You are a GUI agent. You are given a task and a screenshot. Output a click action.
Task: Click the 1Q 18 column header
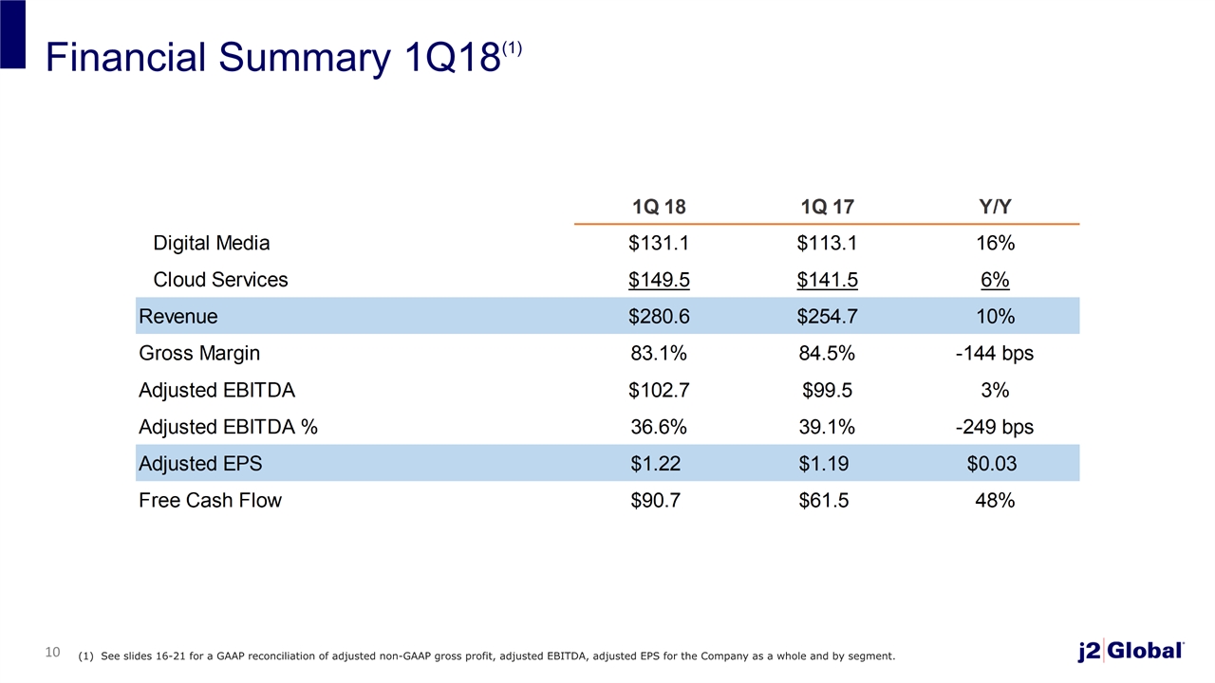659,207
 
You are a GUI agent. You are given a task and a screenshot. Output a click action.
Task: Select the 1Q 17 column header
827,207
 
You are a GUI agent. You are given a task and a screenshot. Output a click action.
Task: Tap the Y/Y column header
996,207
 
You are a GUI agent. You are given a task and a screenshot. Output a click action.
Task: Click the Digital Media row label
212,243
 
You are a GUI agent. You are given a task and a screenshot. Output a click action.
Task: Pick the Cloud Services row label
220,280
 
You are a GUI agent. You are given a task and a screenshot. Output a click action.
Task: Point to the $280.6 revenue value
659,316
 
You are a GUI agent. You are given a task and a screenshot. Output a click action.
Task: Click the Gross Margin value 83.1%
659,353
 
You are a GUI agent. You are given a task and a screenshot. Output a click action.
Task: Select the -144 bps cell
995,353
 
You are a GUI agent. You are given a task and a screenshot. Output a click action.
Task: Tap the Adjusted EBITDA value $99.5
827,390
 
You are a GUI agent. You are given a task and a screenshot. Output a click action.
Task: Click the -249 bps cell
995,427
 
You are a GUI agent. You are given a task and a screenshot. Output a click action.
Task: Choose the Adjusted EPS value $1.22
655,464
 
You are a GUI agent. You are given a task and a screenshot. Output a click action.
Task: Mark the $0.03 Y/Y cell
992,464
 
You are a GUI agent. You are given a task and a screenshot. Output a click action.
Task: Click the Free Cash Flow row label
211,500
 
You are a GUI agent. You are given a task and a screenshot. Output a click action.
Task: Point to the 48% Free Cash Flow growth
995,500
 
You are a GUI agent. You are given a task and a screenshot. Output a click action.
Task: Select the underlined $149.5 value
659,280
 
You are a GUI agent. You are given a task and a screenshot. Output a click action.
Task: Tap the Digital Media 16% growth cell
996,243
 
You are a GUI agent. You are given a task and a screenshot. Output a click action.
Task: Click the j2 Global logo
1131,651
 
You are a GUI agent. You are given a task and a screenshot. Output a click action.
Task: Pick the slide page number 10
52,652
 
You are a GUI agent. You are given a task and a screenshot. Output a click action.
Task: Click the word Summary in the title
305,59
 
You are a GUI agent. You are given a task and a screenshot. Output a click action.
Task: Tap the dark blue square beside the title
12,34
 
